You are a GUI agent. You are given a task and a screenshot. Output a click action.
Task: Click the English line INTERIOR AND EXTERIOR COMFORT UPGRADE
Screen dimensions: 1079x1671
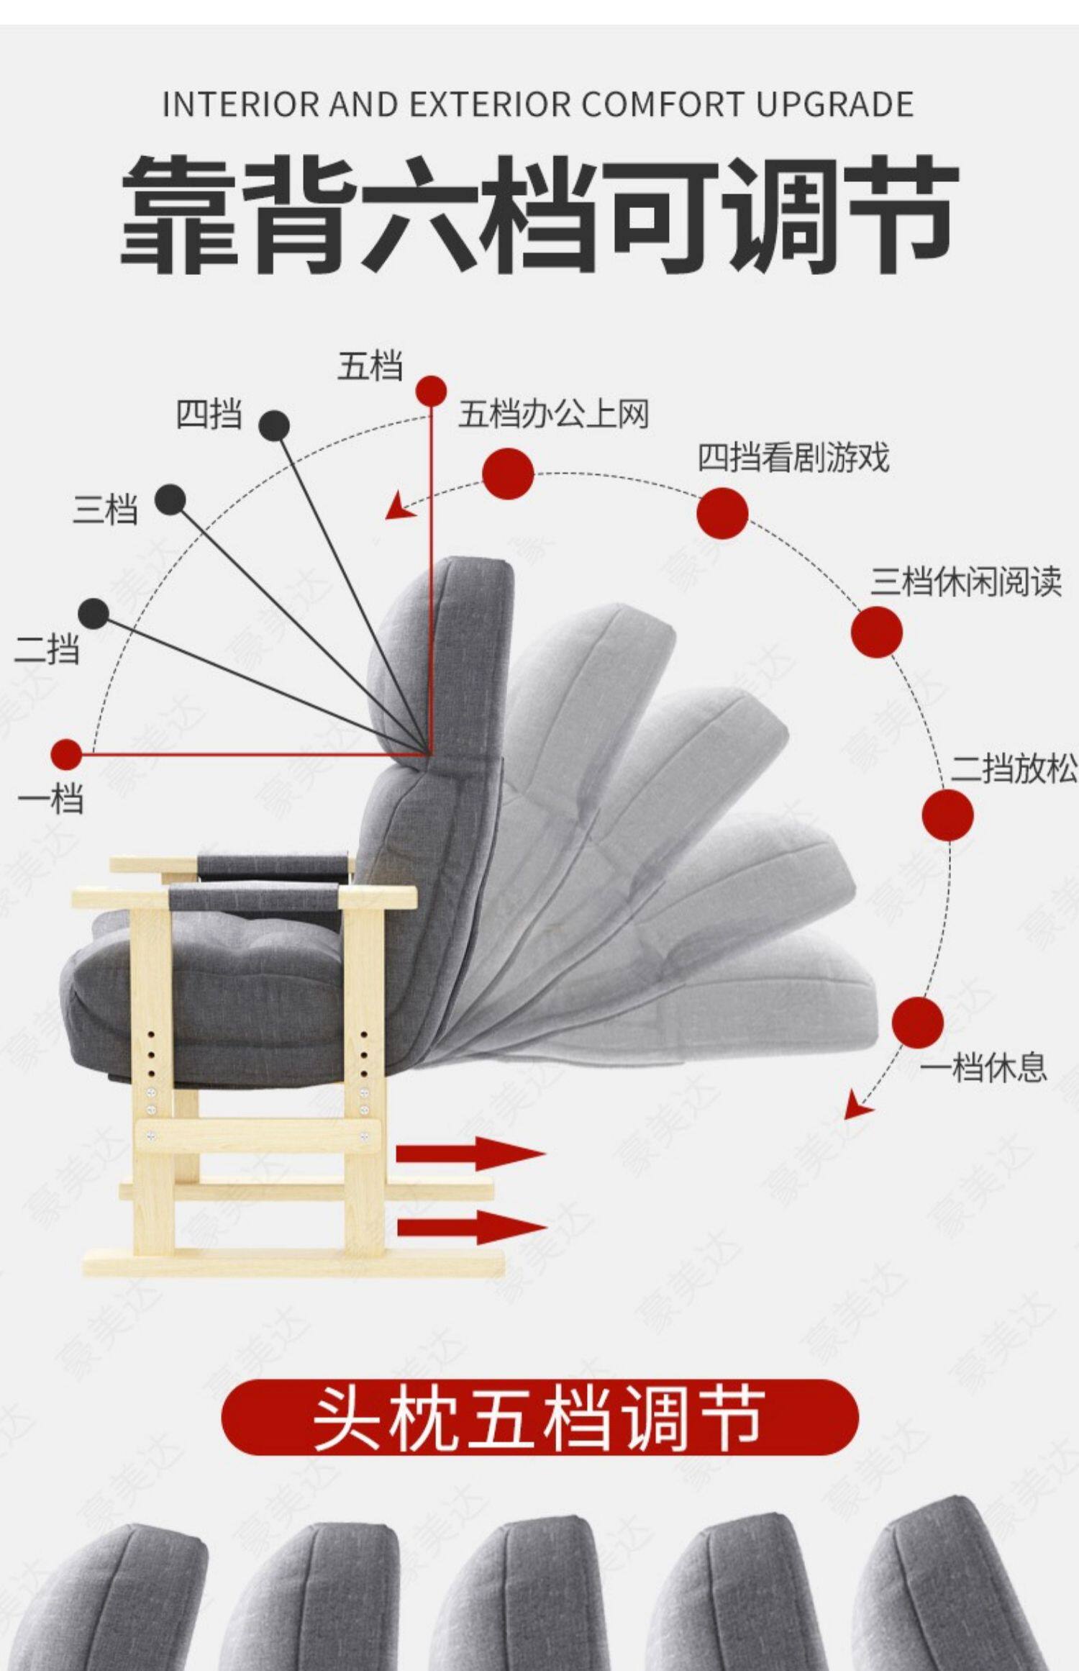point(538,105)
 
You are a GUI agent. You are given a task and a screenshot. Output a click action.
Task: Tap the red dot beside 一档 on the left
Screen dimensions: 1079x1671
point(67,754)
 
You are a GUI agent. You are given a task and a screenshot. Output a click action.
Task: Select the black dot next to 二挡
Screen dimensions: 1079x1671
point(94,613)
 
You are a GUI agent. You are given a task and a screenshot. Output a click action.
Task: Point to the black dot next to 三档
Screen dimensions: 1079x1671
point(170,499)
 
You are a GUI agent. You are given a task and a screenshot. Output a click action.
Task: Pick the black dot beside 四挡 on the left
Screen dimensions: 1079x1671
point(274,426)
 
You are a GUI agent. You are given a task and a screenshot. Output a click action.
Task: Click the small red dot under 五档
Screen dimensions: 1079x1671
point(431,390)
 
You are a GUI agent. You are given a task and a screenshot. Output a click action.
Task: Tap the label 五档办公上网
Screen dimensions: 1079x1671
point(554,415)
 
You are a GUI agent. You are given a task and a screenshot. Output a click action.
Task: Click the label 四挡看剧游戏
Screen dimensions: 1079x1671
point(793,458)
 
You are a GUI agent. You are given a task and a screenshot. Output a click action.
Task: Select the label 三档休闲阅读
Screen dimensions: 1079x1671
point(966,581)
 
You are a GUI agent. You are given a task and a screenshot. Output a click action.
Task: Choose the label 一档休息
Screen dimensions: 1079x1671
point(983,1067)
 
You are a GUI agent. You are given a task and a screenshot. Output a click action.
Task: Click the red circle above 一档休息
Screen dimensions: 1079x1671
point(917,1022)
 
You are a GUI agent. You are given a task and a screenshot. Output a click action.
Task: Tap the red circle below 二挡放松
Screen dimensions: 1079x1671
point(947,815)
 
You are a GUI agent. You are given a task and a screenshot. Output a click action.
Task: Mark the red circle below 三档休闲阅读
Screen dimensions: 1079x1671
point(876,632)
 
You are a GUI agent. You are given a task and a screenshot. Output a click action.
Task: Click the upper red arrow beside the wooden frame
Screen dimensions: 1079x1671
point(469,1154)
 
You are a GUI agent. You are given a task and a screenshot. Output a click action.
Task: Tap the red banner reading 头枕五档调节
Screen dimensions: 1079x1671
point(539,1417)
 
